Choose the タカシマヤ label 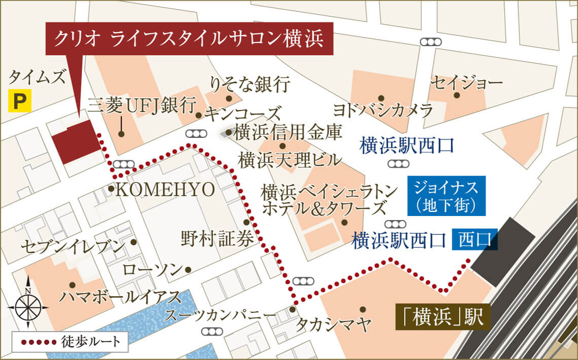334,322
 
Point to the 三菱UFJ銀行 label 141,106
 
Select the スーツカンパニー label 220,315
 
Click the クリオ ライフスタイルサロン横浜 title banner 190,39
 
